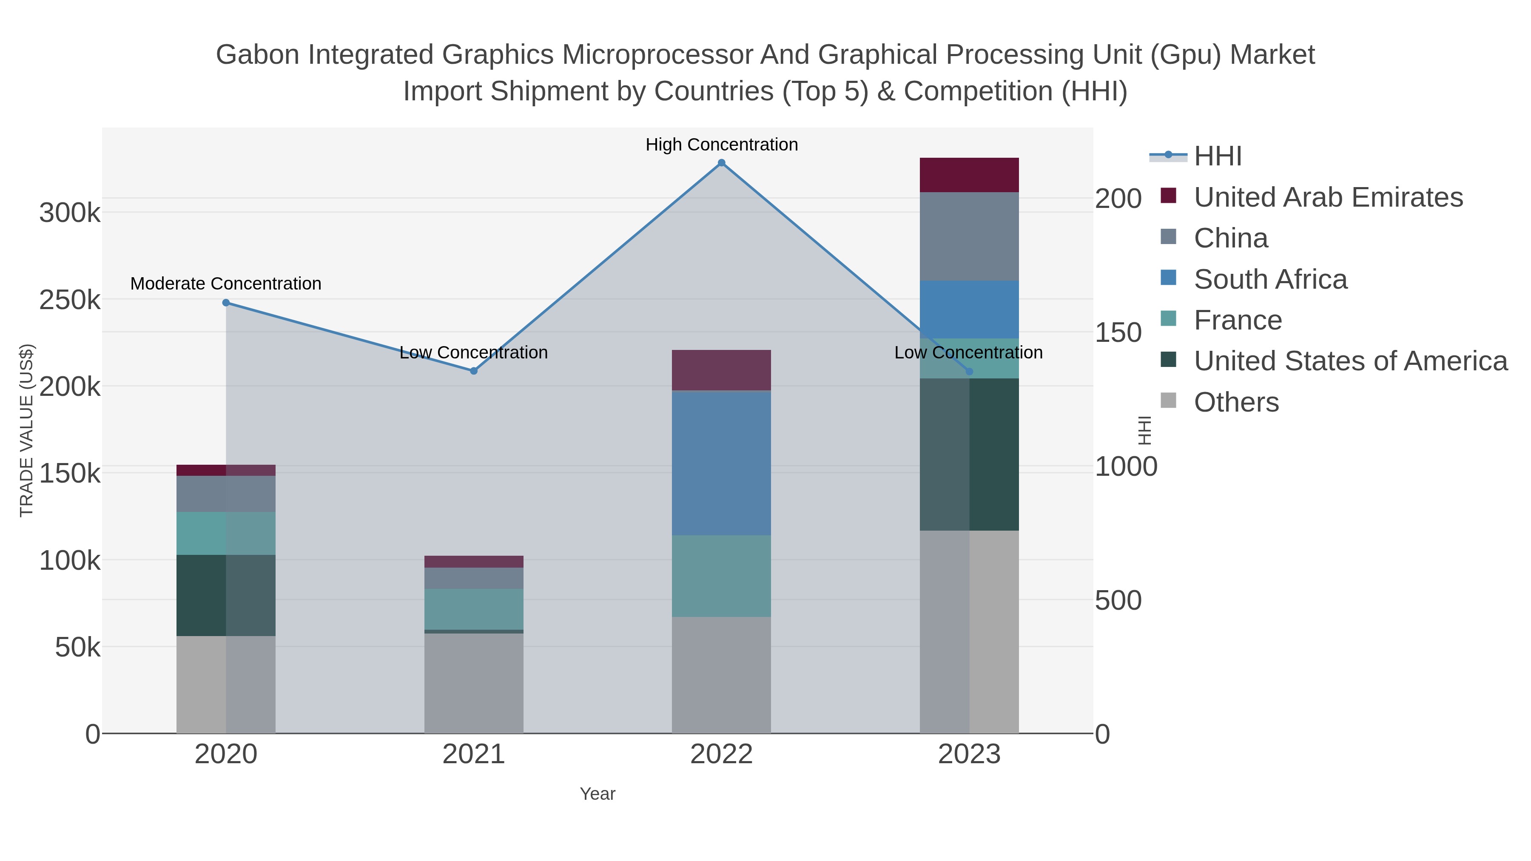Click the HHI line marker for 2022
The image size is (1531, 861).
(722, 163)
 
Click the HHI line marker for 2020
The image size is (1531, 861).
(226, 302)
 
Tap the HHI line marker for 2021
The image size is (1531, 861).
(474, 371)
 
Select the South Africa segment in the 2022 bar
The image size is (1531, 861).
(722, 463)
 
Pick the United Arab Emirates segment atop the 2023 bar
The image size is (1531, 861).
(969, 175)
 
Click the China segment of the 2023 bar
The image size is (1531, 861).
(969, 236)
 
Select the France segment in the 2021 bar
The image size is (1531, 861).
(474, 609)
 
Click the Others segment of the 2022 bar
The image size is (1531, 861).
(722, 675)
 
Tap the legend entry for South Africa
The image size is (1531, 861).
(1270, 279)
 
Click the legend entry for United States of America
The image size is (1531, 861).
(1350, 361)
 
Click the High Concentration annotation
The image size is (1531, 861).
(722, 145)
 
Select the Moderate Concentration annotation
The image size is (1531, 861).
(226, 284)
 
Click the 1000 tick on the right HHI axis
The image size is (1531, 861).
(1126, 466)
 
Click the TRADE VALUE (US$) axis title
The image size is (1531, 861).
(27, 430)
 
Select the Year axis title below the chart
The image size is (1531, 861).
(598, 794)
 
